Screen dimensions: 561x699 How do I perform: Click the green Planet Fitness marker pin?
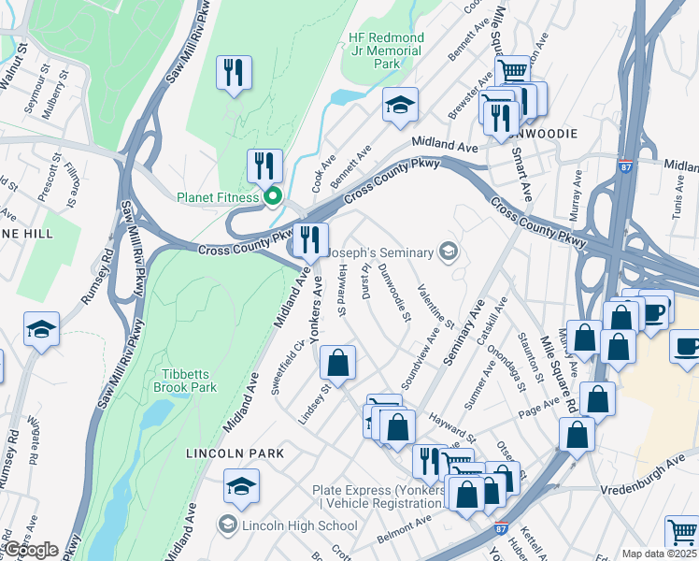(273, 197)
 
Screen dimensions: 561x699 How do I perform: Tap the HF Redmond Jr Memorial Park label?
(386, 50)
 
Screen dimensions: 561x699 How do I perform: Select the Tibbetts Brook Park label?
(184, 381)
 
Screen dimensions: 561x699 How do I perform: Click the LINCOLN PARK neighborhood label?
(229, 453)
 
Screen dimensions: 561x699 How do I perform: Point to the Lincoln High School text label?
(299, 525)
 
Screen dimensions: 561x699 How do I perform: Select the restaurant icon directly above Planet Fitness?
(265, 165)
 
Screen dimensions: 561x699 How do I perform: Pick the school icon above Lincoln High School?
(241, 486)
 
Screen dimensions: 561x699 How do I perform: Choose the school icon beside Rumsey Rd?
(41, 329)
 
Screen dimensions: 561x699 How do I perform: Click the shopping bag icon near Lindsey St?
(337, 363)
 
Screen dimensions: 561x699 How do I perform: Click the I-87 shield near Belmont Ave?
(502, 528)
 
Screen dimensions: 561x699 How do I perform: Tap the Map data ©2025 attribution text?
(660, 554)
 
